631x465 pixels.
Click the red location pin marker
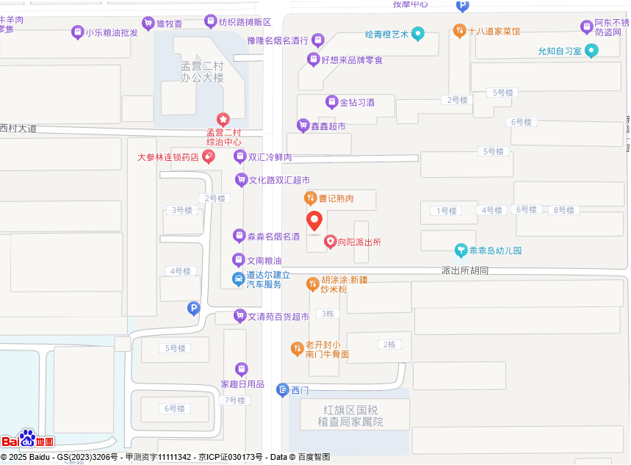314,220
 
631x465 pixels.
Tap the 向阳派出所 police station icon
331,242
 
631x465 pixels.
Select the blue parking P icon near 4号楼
194,309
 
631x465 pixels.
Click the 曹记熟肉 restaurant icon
311,198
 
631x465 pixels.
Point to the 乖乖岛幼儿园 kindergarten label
495,250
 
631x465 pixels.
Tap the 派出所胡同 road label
465,271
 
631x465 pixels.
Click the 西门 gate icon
283,390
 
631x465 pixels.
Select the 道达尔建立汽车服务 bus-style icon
239,279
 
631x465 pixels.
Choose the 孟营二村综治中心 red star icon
223,119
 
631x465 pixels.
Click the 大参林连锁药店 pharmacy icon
209,156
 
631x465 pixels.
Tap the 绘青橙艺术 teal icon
418,33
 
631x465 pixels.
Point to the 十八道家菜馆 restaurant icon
459,31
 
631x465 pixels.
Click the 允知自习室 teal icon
591,51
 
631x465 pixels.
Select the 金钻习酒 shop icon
331,102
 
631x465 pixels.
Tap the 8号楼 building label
563,210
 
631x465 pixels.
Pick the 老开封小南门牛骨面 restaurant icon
298,349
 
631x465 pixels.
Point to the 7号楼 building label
235,400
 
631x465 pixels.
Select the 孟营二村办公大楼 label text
202,72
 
